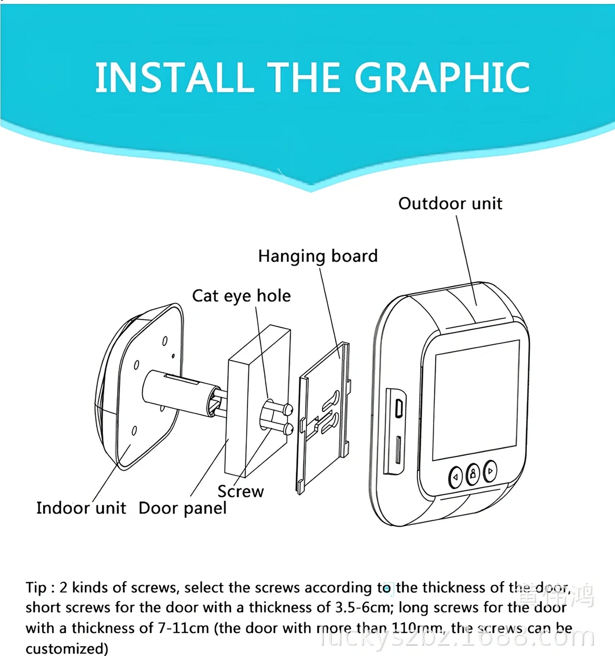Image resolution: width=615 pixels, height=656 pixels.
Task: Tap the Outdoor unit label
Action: pos(450,204)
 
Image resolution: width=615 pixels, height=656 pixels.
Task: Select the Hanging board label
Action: pos(318,256)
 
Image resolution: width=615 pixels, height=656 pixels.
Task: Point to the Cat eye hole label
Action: pos(241,296)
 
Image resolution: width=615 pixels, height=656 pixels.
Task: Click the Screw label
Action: pos(240,491)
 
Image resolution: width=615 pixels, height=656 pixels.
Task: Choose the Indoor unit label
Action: pos(81,508)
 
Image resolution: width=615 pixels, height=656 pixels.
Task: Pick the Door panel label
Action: pos(183,508)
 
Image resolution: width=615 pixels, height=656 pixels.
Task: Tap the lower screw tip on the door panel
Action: pos(288,428)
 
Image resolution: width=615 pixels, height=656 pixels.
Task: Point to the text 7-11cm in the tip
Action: pos(183,628)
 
